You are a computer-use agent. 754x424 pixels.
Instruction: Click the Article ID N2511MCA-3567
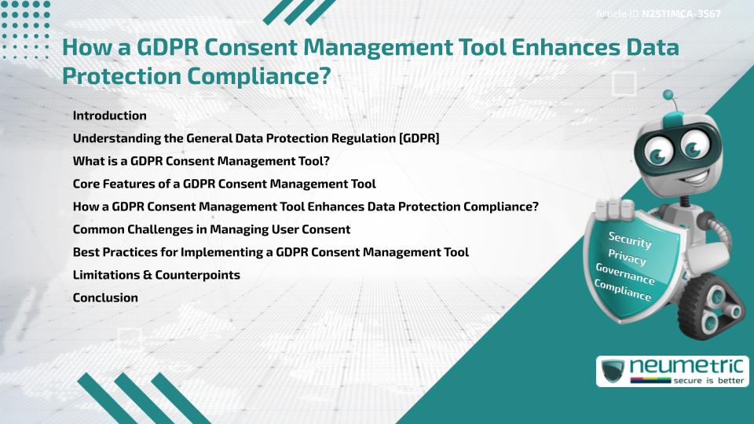tap(659, 14)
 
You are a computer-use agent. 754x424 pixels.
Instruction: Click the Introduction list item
tap(109, 115)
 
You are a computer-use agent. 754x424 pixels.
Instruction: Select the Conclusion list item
tap(105, 298)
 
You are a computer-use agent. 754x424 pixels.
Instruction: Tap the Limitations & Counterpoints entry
tap(156, 275)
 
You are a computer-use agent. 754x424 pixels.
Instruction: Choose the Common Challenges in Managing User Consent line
tap(211, 229)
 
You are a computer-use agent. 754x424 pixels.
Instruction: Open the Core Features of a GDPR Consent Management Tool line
tap(224, 184)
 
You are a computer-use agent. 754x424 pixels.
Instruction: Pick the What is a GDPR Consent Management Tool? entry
tap(200, 161)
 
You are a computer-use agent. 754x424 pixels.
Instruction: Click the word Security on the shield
tap(630, 240)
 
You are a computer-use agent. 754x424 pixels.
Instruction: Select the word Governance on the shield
tap(625, 274)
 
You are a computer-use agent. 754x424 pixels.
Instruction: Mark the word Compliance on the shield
tap(623, 291)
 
